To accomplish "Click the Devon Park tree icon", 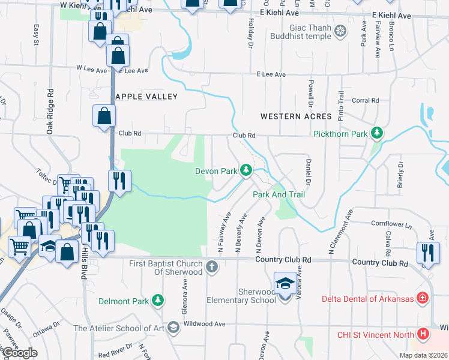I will pos(246,171).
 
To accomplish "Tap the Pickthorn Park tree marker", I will pos(376,133).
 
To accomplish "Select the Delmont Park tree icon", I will pos(157,299).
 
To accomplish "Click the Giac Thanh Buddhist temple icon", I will pos(340,31).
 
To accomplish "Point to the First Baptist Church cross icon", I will pos(211,266).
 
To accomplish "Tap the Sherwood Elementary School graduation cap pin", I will pos(284,285).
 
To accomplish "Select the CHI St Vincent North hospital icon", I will pos(423,334).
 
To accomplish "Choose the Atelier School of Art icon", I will pos(173,328).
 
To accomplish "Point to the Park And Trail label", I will pos(279,194).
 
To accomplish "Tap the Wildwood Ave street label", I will pos(205,324).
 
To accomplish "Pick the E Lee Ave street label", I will pos(271,74).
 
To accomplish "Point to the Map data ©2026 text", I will pos(423,355).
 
